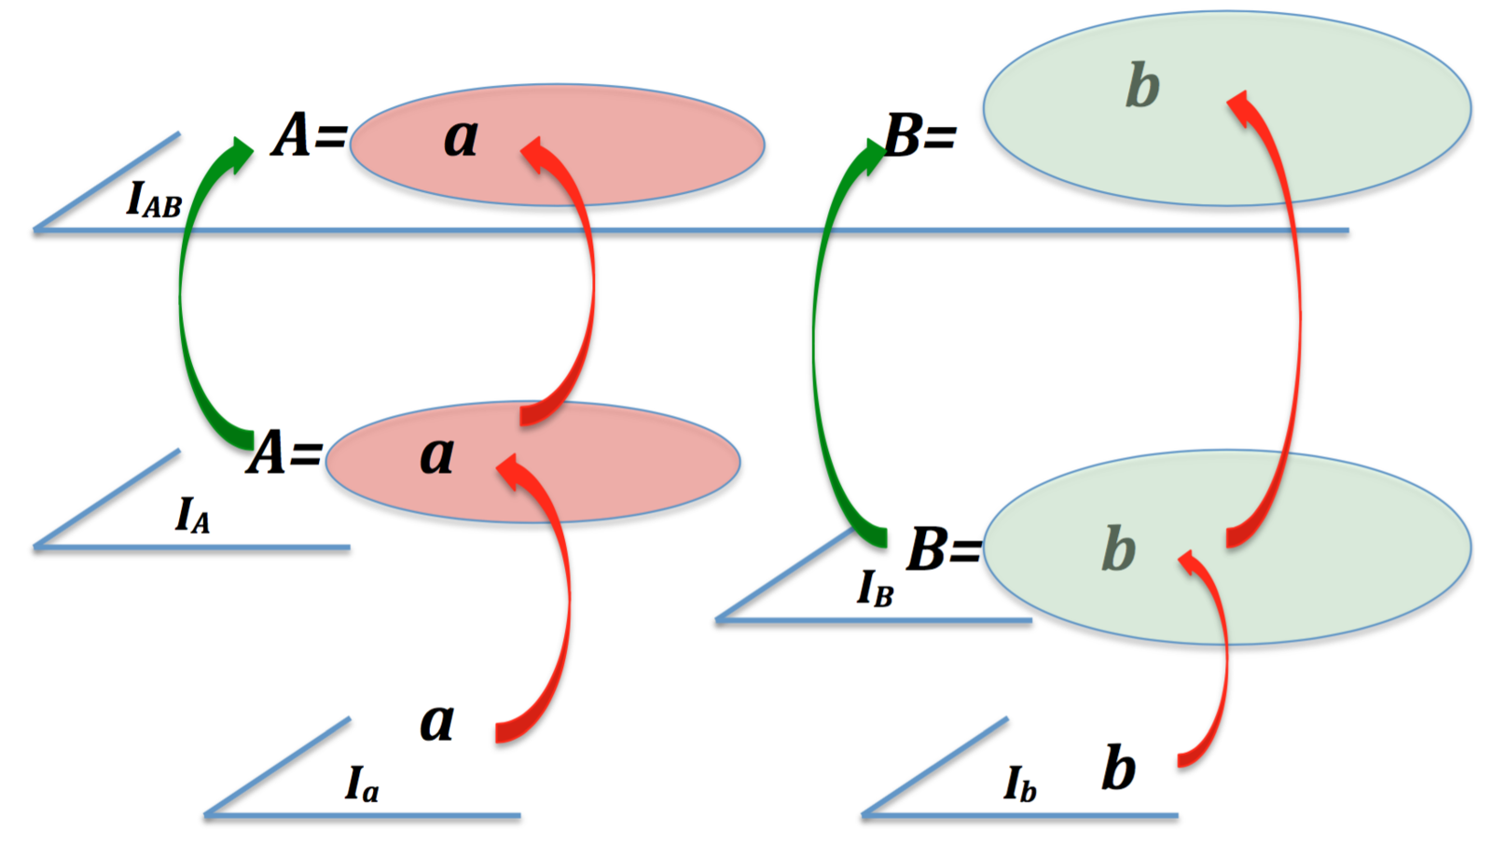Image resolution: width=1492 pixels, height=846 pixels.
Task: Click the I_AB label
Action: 154,201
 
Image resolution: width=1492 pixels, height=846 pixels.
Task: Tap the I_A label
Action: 193,515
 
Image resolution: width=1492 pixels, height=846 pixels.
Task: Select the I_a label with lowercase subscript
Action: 362,784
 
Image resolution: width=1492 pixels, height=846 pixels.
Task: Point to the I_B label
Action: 875,589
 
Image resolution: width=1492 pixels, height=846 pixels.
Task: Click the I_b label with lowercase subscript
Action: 1020,784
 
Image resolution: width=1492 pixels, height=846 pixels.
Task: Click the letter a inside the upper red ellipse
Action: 461,138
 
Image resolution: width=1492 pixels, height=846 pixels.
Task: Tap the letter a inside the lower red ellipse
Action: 436,455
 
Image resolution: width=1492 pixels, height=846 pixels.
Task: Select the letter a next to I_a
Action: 436,722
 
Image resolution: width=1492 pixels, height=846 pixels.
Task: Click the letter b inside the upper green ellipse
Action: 1142,86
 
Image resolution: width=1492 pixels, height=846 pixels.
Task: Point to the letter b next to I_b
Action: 1118,769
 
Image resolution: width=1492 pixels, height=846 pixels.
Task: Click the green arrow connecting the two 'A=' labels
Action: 183,298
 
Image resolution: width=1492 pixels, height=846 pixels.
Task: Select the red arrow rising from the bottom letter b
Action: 1223,653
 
